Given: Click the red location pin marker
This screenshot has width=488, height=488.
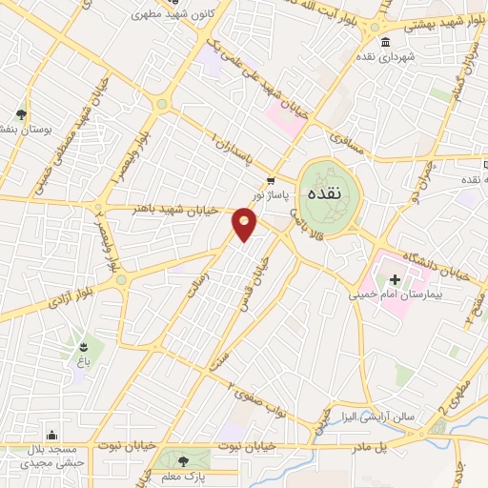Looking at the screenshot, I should click(x=245, y=224).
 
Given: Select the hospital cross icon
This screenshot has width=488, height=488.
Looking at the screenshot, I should click(x=396, y=278).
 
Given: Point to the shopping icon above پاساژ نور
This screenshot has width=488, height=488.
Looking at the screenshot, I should click(x=272, y=180).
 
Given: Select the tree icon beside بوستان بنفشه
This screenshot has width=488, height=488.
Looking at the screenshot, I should click(x=20, y=113).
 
